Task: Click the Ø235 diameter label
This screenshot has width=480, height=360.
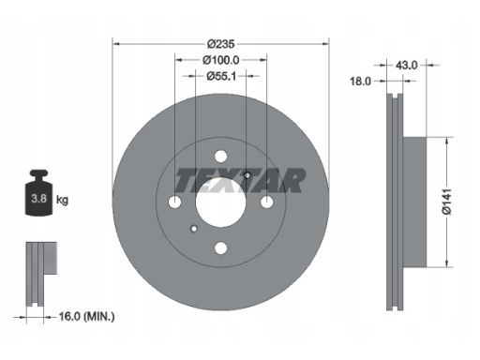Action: (x=220, y=44)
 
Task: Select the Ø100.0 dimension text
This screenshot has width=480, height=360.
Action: (x=220, y=60)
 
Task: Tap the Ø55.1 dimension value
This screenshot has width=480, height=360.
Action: (x=221, y=76)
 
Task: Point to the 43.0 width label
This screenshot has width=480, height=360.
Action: (x=406, y=66)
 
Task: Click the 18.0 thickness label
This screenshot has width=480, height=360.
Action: (x=360, y=82)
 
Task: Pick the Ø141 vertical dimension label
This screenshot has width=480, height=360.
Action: (x=447, y=202)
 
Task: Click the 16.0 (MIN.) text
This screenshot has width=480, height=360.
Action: (x=86, y=317)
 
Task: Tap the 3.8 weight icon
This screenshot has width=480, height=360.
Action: (x=38, y=192)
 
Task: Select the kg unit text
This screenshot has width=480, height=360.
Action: (x=62, y=200)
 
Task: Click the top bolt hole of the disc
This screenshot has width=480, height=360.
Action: (x=221, y=157)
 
